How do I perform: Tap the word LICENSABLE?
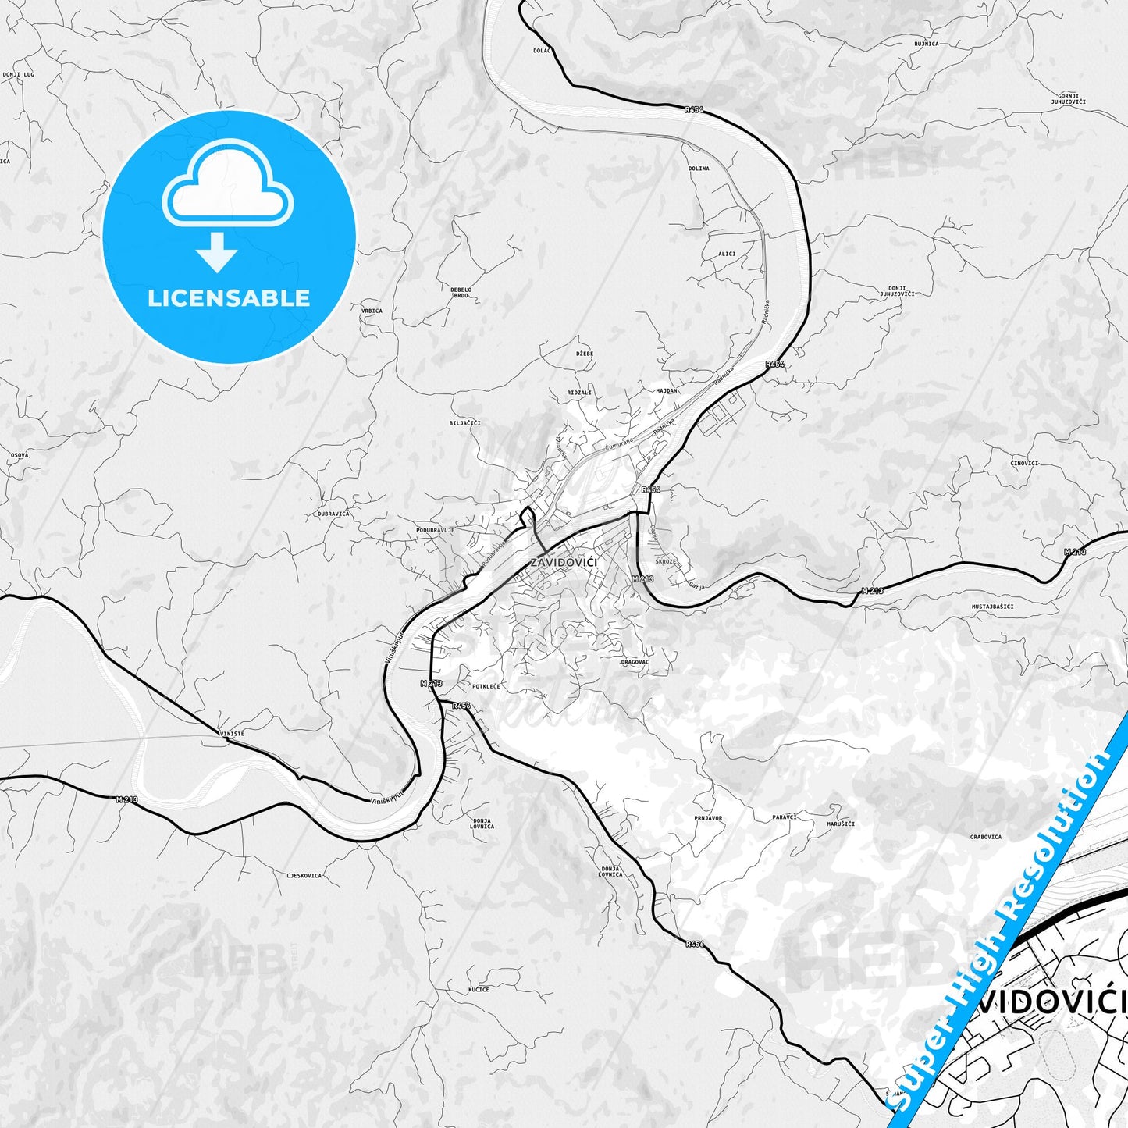(x=229, y=297)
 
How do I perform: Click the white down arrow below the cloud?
(x=217, y=251)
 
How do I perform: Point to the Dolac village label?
(x=542, y=50)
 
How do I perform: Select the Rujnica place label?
(x=926, y=44)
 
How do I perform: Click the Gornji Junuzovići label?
(x=1068, y=98)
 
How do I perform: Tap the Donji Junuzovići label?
(x=897, y=291)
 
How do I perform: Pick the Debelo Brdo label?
(x=461, y=293)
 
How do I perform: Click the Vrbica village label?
(x=372, y=311)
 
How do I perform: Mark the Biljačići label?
(x=464, y=423)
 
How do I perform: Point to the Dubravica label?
(x=333, y=514)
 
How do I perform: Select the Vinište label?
(x=233, y=734)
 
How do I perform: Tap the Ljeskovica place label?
(x=304, y=875)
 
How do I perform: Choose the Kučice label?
(x=479, y=989)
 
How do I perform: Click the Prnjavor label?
(x=708, y=818)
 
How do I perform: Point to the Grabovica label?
(x=986, y=837)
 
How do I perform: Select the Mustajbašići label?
(x=992, y=607)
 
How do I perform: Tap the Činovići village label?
(x=1024, y=463)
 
